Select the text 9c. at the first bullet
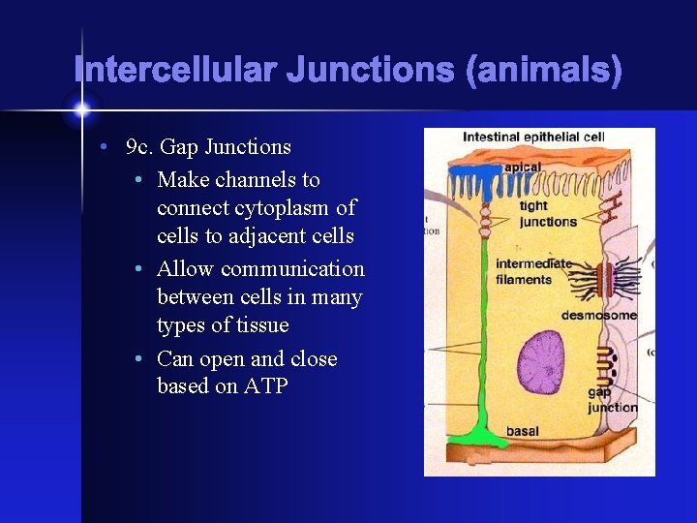coord(140,147)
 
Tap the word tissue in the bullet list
coord(260,325)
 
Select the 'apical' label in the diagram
coord(523,166)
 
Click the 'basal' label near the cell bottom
coord(523,431)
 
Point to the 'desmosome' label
coord(598,315)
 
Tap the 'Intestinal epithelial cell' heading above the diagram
coord(533,138)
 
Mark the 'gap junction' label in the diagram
coord(612,399)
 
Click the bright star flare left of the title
coord(81,106)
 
